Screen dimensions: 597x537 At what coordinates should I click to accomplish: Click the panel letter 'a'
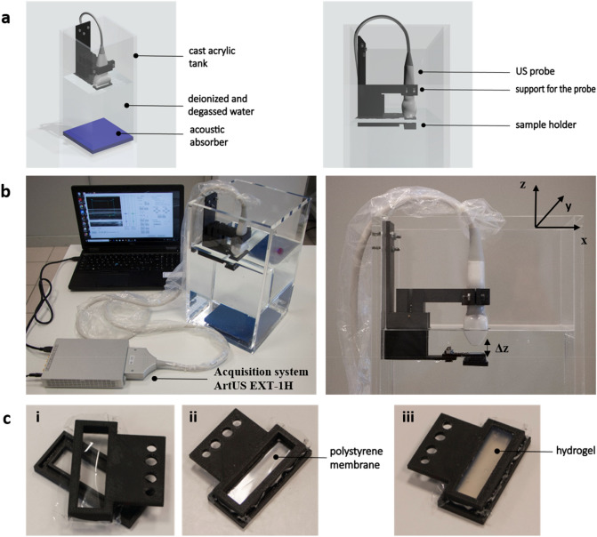tap(5, 18)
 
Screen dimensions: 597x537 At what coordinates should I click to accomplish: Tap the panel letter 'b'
tap(5, 191)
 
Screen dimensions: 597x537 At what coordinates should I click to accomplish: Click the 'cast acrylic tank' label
tap(212, 57)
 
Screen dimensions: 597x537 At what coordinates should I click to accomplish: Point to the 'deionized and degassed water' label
tap(221, 105)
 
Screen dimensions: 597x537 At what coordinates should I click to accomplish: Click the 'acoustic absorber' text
tap(209, 136)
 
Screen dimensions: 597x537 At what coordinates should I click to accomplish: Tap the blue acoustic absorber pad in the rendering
tap(98, 135)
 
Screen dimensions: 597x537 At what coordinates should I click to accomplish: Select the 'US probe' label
tap(535, 71)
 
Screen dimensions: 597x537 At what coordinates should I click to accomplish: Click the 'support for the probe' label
tap(555, 90)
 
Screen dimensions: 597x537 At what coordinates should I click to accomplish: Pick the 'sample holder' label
tap(545, 124)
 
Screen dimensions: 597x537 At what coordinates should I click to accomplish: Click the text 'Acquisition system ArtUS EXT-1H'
tap(261, 378)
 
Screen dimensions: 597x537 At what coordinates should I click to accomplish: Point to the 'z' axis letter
tap(523, 185)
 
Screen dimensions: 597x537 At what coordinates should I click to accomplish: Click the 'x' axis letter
tap(584, 241)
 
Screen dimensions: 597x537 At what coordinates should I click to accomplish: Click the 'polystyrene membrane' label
tap(356, 458)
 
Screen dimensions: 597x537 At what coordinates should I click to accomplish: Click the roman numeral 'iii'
tap(408, 418)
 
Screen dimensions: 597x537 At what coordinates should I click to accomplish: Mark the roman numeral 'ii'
tap(193, 418)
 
